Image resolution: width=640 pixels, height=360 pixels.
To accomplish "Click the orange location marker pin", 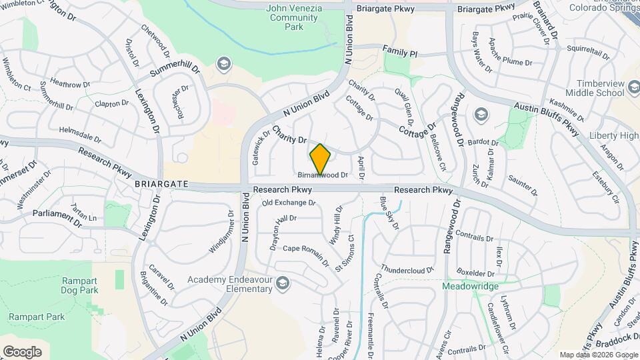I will click(x=321, y=159).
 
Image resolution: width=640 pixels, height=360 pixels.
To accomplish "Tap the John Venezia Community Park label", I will click(x=294, y=17).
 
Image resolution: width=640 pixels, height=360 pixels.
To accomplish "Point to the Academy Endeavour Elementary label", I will click(x=230, y=284).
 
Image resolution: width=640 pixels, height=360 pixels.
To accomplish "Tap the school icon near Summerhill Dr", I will click(x=223, y=63).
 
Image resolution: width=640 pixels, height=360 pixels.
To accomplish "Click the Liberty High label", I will click(x=614, y=136).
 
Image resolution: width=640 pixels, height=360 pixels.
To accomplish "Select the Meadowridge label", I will click(x=471, y=286).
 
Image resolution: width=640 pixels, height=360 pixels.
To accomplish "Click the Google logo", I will click(x=22, y=351).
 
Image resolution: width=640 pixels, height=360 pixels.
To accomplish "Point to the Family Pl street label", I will click(x=400, y=51).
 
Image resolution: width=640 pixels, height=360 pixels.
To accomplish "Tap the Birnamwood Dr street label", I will click(x=323, y=175).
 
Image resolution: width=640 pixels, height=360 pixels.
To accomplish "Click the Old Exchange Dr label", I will click(x=288, y=203).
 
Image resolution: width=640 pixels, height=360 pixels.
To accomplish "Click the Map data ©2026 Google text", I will click(x=598, y=355).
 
